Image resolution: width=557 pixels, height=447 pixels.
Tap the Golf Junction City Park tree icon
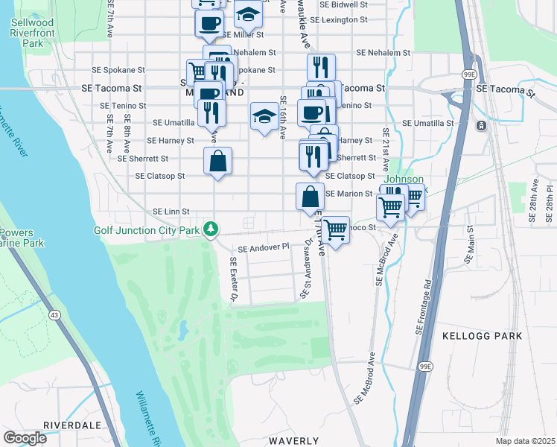[x=211, y=229]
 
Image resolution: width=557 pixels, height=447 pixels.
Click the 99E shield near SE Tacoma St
[x=471, y=75]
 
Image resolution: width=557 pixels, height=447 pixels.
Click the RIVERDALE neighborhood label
[x=71, y=425]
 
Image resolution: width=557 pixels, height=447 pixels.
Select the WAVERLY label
[x=294, y=441]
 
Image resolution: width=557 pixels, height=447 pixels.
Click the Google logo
[x=26, y=438]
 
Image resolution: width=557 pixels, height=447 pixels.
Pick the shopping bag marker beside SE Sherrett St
[x=217, y=162]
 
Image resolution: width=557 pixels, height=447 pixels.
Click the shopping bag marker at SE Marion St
[x=310, y=197]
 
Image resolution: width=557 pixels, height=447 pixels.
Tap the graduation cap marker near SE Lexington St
[x=248, y=14]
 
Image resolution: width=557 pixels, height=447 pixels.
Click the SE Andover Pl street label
[x=263, y=247]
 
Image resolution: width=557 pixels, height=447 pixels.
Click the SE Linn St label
[x=171, y=212]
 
